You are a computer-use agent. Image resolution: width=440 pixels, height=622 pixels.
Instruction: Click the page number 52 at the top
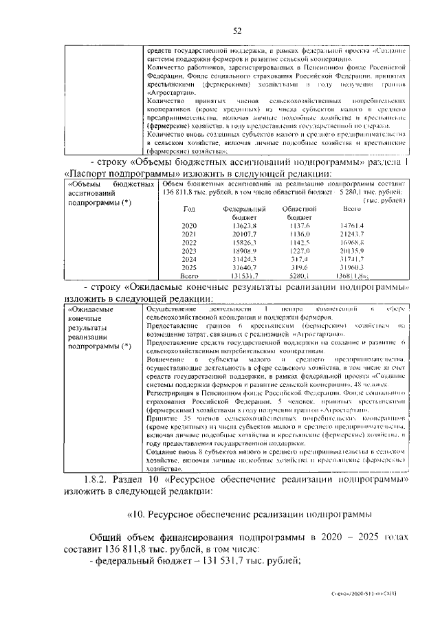238,30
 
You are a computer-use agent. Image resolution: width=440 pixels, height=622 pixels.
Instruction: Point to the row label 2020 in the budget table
189,225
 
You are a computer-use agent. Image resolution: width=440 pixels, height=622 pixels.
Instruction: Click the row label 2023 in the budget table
189,252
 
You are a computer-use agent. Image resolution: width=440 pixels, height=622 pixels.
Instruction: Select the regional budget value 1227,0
299,252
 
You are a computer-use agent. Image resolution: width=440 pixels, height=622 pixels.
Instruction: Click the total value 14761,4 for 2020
352,225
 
